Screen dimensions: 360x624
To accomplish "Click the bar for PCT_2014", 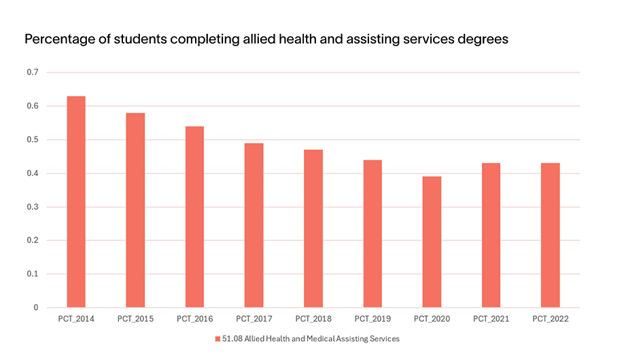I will click(x=75, y=202).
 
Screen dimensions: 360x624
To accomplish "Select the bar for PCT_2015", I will click(x=135, y=211).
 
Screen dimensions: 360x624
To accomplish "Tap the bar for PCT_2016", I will click(x=194, y=217).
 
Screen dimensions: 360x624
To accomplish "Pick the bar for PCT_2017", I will click(x=254, y=226).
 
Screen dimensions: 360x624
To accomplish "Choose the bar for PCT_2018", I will click(x=313, y=229).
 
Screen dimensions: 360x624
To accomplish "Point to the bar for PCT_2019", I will click(x=372, y=234).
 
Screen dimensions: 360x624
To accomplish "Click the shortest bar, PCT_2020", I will click(x=432, y=242).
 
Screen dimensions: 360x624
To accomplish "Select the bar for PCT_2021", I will click(x=491, y=236).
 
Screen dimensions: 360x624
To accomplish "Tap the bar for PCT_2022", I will click(x=551, y=236).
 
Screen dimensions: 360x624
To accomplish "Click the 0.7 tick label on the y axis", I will click(x=33, y=73).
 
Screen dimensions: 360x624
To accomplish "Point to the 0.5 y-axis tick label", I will click(x=33, y=140).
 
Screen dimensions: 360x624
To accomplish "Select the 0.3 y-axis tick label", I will click(x=33, y=207).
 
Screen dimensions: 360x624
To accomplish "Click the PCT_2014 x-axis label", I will click(x=75, y=319).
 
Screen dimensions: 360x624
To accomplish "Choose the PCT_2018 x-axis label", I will click(x=313, y=319).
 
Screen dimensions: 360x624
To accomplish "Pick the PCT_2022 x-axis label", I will click(x=551, y=319).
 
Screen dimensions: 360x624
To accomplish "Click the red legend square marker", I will click(x=218, y=338).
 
